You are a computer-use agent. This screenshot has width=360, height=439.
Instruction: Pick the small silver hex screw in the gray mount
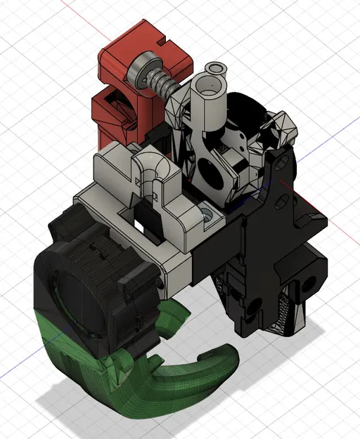(209, 213)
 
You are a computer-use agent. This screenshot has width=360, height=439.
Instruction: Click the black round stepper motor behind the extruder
(250, 112)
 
